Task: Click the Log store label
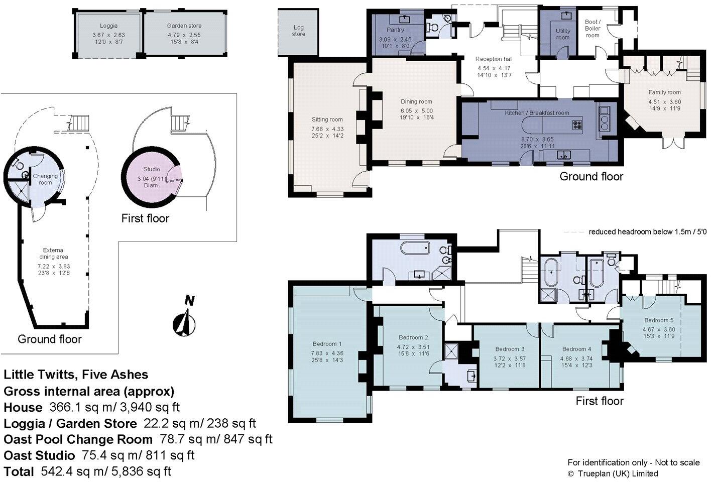pyautogui.click(x=298, y=31)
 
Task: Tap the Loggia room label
pyautogui.click(x=108, y=26)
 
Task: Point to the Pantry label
pyautogui.click(x=395, y=30)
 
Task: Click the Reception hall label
pyautogui.click(x=494, y=59)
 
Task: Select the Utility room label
pyautogui.click(x=563, y=34)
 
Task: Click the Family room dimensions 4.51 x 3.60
pyautogui.click(x=664, y=101)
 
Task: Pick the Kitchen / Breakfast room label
pyautogui.click(x=537, y=113)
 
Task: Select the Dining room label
pyautogui.click(x=416, y=101)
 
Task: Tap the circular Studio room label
pyautogui.click(x=151, y=170)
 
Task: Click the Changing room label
pyautogui.click(x=45, y=179)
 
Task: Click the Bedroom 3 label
pyautogui.click(x=510, y=349)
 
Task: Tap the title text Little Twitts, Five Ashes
pyautogui.click(x=76, y=375)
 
